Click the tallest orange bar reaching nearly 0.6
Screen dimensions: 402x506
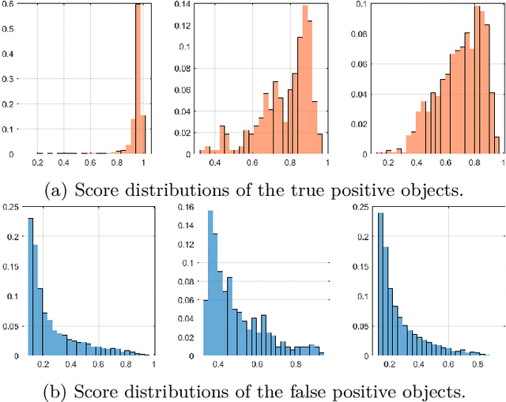tap(138, 79)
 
